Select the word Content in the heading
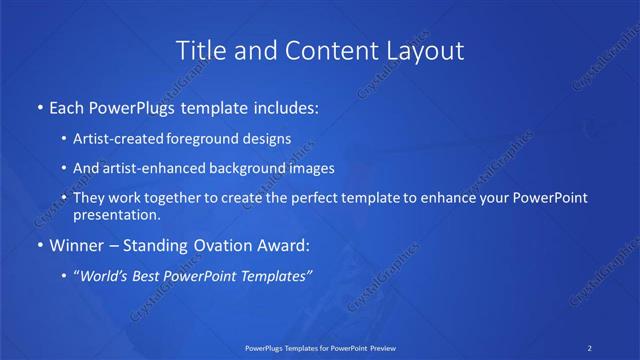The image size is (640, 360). tap(320, 49)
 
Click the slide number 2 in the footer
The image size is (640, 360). tap(590, 347)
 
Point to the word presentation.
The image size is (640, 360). tap(117, 214)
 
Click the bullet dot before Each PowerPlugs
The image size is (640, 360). tap(39, 105)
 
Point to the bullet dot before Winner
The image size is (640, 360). tap(39, 245)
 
